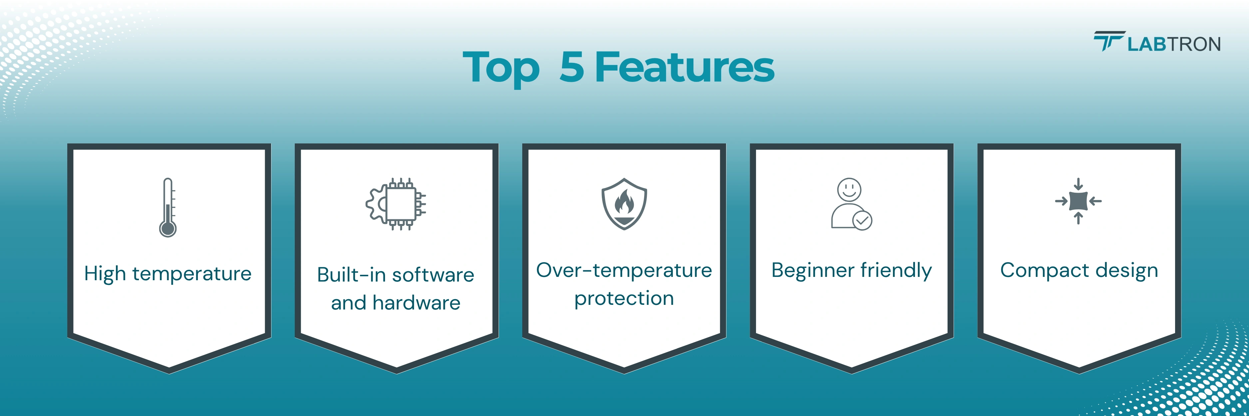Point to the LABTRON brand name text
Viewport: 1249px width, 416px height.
pos(1174,44)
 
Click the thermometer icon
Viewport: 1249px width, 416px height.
pos(168,207)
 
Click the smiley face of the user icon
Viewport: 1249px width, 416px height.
pos(849,189)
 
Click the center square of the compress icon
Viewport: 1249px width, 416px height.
pos(1078,201)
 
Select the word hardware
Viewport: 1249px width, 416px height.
pos(416,303)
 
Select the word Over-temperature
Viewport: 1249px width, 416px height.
pos(624,270)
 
